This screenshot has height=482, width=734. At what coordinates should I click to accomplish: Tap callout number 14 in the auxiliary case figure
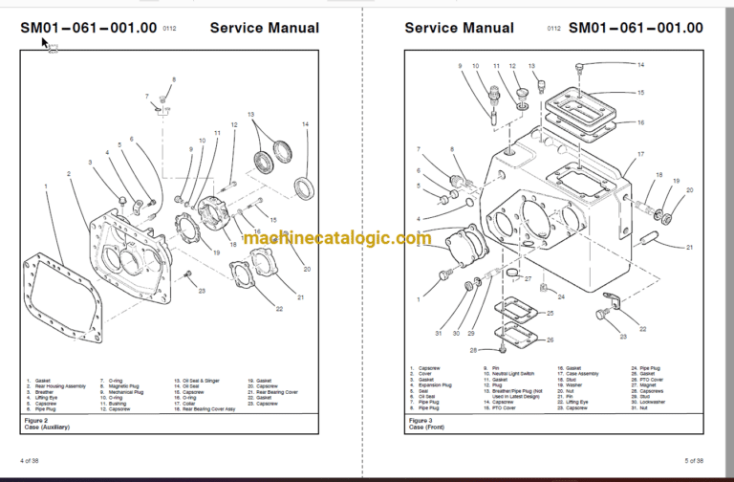(x=306, y=124)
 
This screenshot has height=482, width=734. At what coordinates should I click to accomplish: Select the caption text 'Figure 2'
(x=35, y=420)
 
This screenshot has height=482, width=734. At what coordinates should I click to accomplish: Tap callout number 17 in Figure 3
(x=641, y=154)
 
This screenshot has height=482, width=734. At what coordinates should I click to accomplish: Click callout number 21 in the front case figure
(x=689, y=247)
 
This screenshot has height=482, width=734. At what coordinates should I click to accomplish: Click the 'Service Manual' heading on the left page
(x=264, y=28)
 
